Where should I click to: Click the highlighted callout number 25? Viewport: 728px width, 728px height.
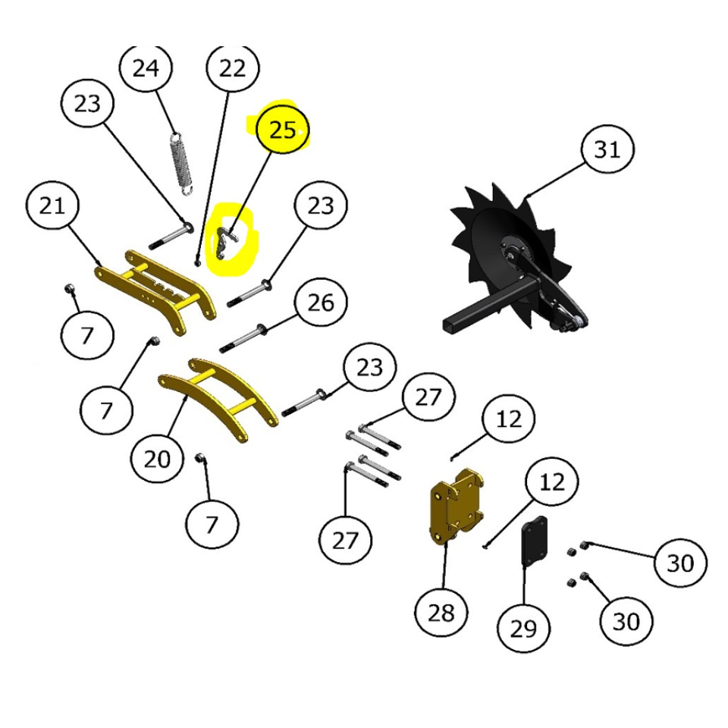(283, 130)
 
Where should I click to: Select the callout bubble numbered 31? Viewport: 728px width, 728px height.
(607, 149)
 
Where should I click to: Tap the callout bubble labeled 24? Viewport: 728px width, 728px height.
(146, 67)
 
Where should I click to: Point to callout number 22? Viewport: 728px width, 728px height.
(232, 67)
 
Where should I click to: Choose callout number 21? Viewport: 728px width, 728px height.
(52, 206)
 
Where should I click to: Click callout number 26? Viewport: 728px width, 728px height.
(321, 303)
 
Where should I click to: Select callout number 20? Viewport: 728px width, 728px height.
(157, 459)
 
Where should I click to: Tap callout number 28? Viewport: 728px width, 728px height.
(441, 613)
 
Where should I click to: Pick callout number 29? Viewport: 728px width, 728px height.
(523, 629)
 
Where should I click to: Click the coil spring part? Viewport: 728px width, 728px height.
(182, 164)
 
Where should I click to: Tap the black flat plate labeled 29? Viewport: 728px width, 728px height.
(535, 541)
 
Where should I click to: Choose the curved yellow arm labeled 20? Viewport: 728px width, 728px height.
(218, 400)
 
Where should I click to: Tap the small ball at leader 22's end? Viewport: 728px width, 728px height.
(198, 263)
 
